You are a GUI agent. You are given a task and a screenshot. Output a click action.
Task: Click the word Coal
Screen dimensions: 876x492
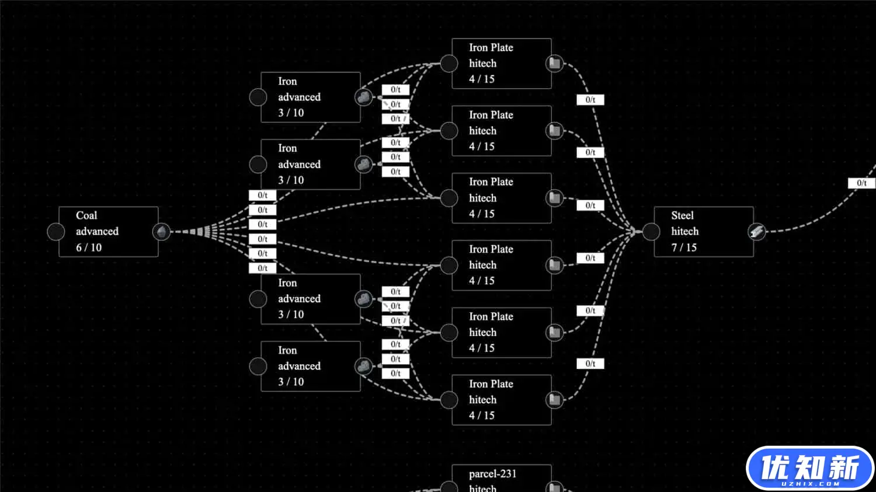(x=86, y=215)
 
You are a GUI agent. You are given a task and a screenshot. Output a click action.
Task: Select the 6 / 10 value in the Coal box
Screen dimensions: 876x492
(x=89, y=247)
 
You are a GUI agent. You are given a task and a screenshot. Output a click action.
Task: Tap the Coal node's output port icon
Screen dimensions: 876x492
(x=161, y=232)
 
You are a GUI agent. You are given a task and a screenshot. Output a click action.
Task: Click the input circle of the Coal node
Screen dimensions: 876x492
(x=56, y=232)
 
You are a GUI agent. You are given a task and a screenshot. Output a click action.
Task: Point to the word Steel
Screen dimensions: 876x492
(x=683, y=215)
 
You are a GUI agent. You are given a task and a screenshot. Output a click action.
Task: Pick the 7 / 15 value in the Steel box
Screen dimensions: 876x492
(x=684, y=247)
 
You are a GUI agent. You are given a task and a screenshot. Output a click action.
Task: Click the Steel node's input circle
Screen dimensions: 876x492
(x=651, y=232)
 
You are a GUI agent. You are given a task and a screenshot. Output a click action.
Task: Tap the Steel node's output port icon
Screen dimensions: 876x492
(x=757, y=232)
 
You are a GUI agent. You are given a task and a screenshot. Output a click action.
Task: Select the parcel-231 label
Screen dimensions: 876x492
(x=493, y=474)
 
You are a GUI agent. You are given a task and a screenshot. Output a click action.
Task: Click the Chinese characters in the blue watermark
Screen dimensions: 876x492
(x=809, y=466)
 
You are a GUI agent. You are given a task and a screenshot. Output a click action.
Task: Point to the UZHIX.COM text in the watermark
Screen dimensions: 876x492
(x=810, y=484)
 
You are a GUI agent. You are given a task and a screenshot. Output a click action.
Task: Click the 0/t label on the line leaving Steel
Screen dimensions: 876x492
(x=861, y=183)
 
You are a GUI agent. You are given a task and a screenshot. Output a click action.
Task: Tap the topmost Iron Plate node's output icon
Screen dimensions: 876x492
(x=555, y=63)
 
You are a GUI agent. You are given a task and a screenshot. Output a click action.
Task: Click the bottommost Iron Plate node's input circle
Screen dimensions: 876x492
(x=449, y=400)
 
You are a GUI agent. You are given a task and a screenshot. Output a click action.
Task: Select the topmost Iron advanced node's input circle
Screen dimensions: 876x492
(x=258, y=97)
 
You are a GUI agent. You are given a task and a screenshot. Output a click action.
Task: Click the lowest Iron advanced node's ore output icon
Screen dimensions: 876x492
(x=363, y=366)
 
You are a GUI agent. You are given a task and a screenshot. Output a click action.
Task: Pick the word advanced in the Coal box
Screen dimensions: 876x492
(x=97, y=231)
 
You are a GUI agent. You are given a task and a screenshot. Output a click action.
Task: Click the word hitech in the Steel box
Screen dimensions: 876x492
(x=685, y=231)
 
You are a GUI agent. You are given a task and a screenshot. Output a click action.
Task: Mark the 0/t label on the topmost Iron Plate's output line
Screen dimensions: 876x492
(x=590, y=100)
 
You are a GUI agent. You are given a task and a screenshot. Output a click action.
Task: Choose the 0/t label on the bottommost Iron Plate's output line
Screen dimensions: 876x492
(x=590, y=364)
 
